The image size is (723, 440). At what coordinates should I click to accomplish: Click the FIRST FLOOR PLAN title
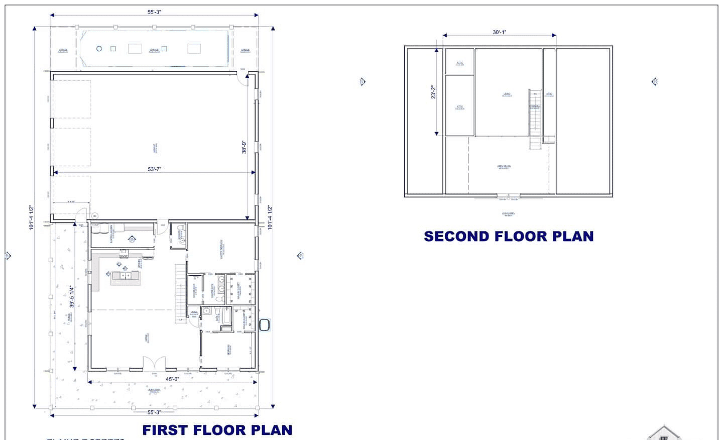[x=217, y=430]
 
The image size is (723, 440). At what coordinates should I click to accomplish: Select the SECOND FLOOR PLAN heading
[x=509, y=236]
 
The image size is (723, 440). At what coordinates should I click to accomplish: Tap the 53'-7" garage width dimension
[x=154, y=169]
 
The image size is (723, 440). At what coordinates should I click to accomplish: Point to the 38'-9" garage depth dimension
[x=245, y=147]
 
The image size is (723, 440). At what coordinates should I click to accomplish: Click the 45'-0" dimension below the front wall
[x=172, y=379]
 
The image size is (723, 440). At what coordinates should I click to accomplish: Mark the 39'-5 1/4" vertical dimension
[x=72, y=296]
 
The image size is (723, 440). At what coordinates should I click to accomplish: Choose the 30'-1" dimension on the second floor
[x=499, y=32]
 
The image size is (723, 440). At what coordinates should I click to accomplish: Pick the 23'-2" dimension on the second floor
[x=433, y=92]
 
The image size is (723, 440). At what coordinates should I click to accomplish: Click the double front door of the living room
[x=154, y=364]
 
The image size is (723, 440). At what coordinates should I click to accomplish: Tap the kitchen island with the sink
[x=125, y=276]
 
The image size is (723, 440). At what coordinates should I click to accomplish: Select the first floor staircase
[x=180, y=294]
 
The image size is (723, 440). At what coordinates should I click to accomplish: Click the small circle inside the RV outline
[x=99, y=49]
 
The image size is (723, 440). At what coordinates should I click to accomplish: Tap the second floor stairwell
[x=535, y=119]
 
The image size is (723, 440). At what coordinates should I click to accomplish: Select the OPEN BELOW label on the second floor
[x=504, y=167]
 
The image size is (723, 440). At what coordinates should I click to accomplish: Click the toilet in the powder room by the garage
[x=181, y=233]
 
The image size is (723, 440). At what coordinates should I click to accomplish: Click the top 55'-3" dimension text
[x=154, y=12]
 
